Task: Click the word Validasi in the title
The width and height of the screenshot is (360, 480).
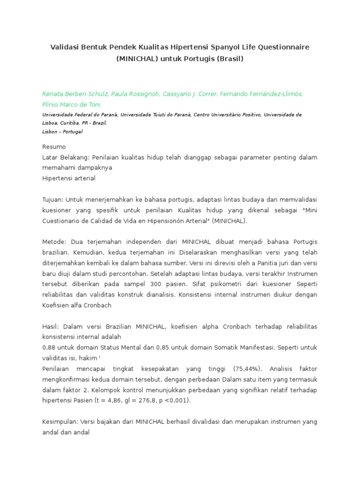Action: (x=65, y=48)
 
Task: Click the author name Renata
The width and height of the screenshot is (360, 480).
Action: (x=53, y=94)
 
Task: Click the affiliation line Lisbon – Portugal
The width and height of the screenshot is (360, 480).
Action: (x=62, y=132)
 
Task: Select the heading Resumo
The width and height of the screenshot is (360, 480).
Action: (x=54, y=147)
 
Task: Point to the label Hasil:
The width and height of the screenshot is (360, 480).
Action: (x=51, y=326)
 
